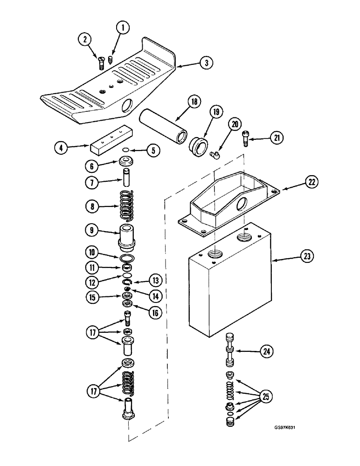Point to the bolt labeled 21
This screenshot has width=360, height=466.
(x=246, y=138)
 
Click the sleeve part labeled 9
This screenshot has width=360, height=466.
(x=126, y=238)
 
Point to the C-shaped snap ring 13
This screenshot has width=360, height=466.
(x=127, y=282)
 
